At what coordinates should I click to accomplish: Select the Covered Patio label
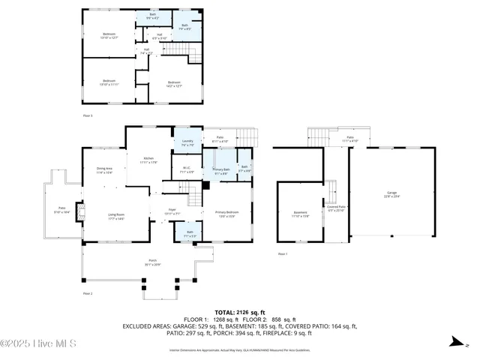click(336, 208)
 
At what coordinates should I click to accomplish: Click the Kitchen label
click(149, 160)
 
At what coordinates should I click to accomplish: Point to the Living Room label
click(115, 217)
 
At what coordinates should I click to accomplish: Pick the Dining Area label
click(104, 171)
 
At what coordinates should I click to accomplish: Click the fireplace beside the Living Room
click(82, 211)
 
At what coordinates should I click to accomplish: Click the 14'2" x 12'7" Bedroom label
click(174, 84)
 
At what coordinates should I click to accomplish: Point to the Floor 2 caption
click(88, 293)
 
